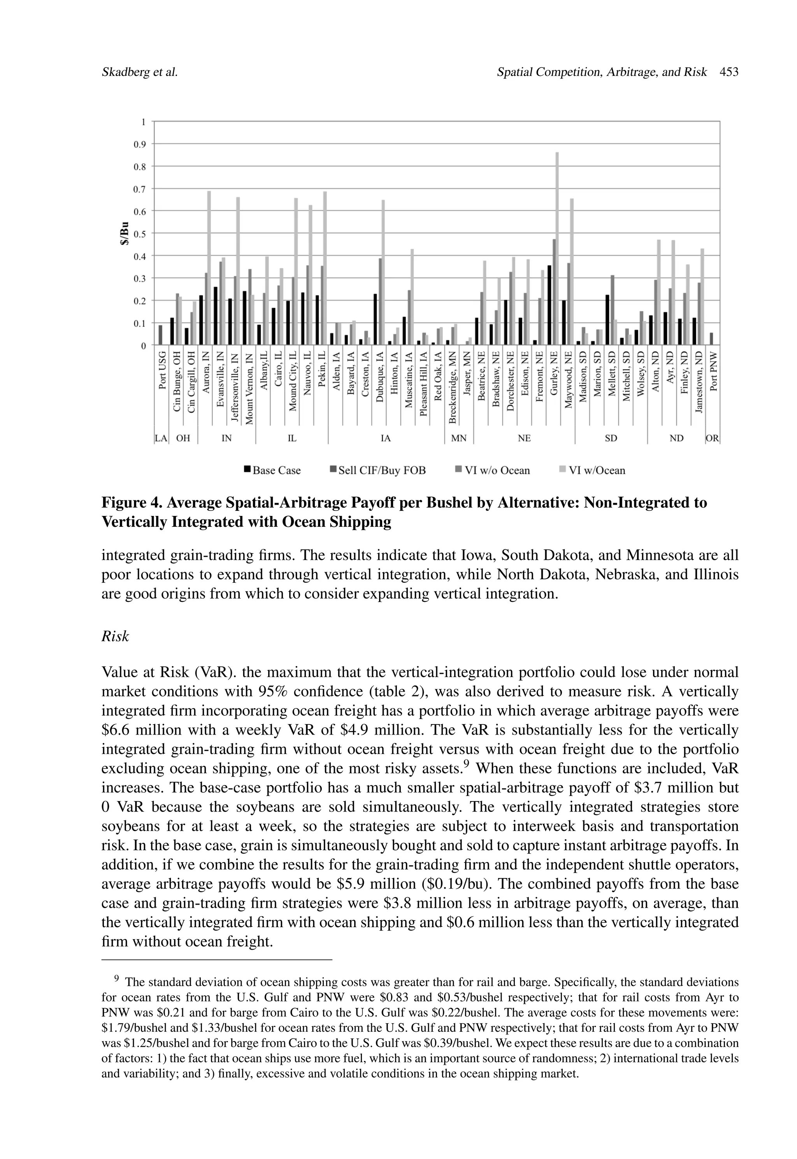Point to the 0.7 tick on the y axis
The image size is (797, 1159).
139,189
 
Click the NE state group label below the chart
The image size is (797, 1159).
524,438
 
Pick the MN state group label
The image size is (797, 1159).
458,438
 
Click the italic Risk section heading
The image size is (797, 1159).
115,636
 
